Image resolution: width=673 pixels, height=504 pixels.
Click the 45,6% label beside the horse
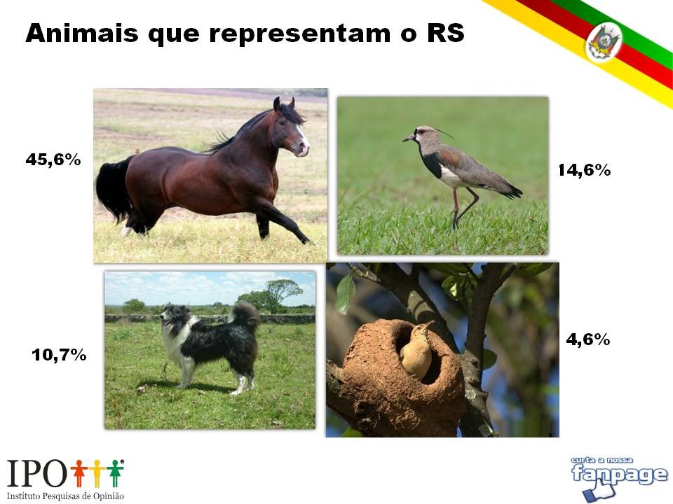click(x=53, y=160)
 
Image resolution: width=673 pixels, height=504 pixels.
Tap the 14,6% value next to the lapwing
click(x=584, y=170)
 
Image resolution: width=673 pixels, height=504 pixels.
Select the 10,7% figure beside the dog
click(x=59, y=355)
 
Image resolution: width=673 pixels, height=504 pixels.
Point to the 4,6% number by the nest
click(x=587, y=339)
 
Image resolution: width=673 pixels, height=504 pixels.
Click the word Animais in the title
click(x=82, y=33)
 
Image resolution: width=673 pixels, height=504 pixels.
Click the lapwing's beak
click(x=409, y=139)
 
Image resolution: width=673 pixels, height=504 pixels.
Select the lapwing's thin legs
click(x=463, y=207)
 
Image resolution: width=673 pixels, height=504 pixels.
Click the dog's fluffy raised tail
click(x=245, y=316)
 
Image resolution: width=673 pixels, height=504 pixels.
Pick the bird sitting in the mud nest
click(x=416, y=351)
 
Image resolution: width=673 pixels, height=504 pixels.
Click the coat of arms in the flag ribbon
click(x=604, y=42)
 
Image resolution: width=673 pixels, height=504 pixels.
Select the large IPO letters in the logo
click(x=38, y=474)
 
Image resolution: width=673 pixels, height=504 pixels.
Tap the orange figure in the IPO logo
click(x=79, y=473)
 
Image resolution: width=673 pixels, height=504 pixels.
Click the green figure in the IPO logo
click(x=114, y=473)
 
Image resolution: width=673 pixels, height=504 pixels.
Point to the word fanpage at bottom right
click(x=620, y=475)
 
